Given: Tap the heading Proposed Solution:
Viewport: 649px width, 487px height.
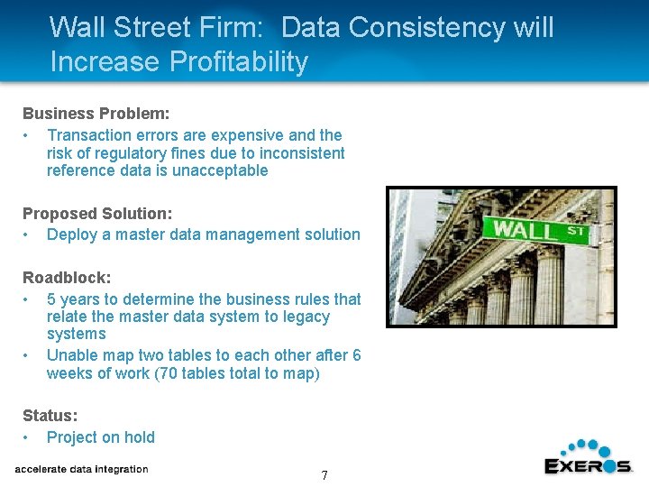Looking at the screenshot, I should pos(97,214).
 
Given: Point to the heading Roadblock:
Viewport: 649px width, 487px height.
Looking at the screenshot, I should pos(61,278).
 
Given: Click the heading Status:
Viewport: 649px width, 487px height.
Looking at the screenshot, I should pos(50,416).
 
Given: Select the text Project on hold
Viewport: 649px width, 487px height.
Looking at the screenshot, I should pos(101,437).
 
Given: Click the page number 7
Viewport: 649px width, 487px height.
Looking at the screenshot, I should pos(324,475).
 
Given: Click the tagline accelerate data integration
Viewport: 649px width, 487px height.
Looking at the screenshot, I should pos(81,469).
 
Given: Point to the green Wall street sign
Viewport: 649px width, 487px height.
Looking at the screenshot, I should pos(535,230).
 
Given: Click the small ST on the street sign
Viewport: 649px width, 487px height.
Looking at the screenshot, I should pos(576,231).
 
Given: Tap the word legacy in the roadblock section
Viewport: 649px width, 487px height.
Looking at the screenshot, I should pos(306,317).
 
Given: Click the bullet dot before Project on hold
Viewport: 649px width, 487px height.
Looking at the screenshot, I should pos(28,437).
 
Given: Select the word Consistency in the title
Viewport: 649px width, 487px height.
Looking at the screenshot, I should pos(425,28).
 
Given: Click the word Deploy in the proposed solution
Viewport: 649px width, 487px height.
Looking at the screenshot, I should pos(71,234).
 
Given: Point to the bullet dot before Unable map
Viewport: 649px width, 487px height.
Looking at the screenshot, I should pos(28,355).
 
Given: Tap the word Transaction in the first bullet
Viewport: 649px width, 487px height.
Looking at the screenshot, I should pos(91,135).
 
